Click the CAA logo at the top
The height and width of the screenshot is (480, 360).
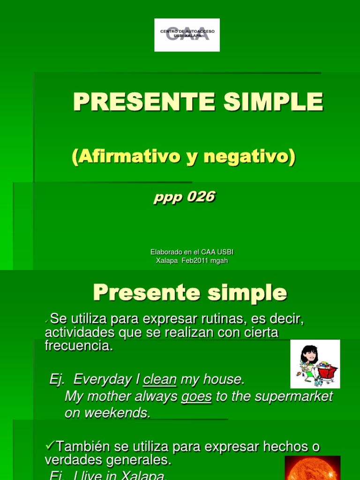[x=187, y=35]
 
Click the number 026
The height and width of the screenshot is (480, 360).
[x=201, y=197]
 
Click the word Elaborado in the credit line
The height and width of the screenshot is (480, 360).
[x=165, y=252]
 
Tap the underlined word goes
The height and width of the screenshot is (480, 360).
[x=196, y=397]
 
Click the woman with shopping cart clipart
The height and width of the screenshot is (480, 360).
[x=315, y=364]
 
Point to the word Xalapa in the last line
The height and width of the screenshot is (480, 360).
[x=144, y=476]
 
